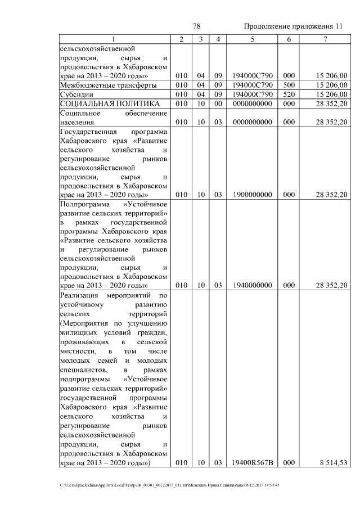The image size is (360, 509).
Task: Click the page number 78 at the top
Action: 197,26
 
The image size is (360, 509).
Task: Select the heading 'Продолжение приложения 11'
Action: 293,27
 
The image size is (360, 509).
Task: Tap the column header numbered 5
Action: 252,39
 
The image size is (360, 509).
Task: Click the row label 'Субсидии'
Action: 75,94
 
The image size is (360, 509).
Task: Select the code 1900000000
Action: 252,195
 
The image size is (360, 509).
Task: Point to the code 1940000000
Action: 252,285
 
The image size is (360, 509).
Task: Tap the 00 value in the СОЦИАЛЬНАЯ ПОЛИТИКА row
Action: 219,103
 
